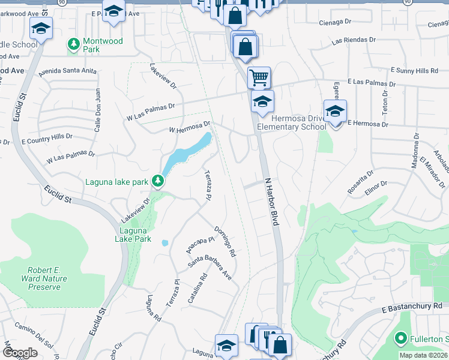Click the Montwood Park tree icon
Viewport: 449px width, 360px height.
[74, 44]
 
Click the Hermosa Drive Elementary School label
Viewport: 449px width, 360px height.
[292, 122]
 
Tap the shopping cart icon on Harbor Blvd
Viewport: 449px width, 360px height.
[259, 77]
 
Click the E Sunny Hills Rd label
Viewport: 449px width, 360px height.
[414, 71]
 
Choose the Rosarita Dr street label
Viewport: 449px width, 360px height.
[361, 181]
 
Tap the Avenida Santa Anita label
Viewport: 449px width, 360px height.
[68, 71]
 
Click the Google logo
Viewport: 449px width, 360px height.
[20, 353]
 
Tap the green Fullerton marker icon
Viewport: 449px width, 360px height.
[401, 338]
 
